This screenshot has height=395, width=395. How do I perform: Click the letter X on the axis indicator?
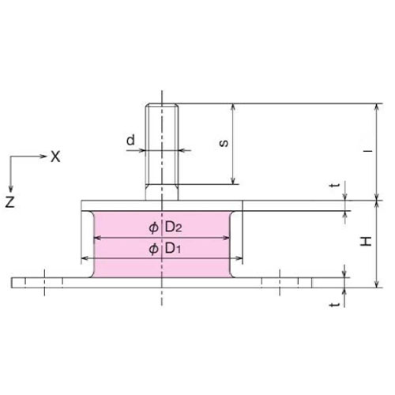click(x=55, y=157)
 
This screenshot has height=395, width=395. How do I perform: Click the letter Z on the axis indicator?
click(x=9, y=202)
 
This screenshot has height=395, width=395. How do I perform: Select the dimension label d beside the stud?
click(x=130, y=141)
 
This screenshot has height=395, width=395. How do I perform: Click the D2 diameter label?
click(x=174, y=228)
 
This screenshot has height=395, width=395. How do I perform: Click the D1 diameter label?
click(x=174, y=249)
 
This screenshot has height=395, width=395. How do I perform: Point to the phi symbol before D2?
click(x=152, y=228)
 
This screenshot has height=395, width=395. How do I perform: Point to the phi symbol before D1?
click(x=152, y=249)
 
